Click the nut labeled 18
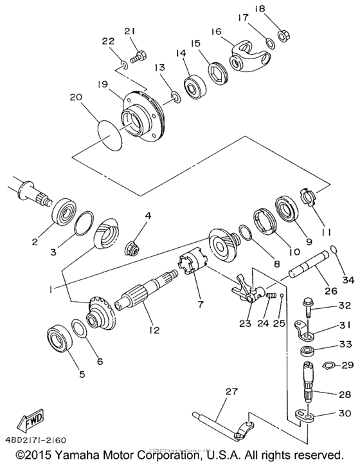(x=281, y=35)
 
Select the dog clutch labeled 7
(x=192, y=266)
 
